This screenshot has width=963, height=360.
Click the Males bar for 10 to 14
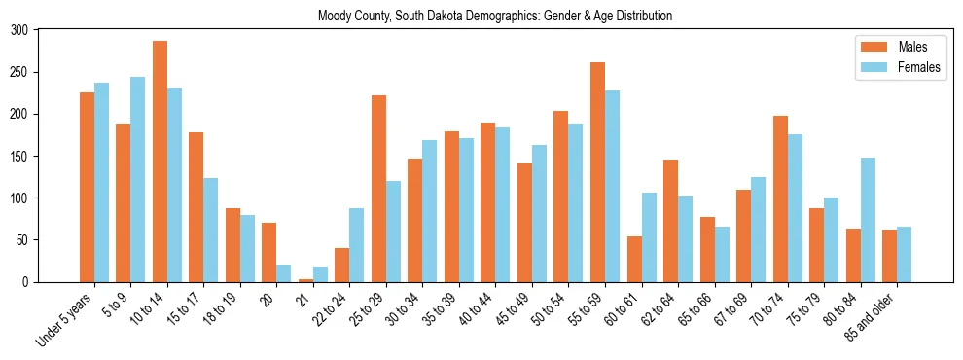(160, 162)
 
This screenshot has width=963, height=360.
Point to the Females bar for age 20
(283, 273)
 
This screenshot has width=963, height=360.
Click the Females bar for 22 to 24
(356, 245)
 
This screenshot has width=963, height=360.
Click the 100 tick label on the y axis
(19, 198)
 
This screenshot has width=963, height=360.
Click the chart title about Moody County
(495, 16)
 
